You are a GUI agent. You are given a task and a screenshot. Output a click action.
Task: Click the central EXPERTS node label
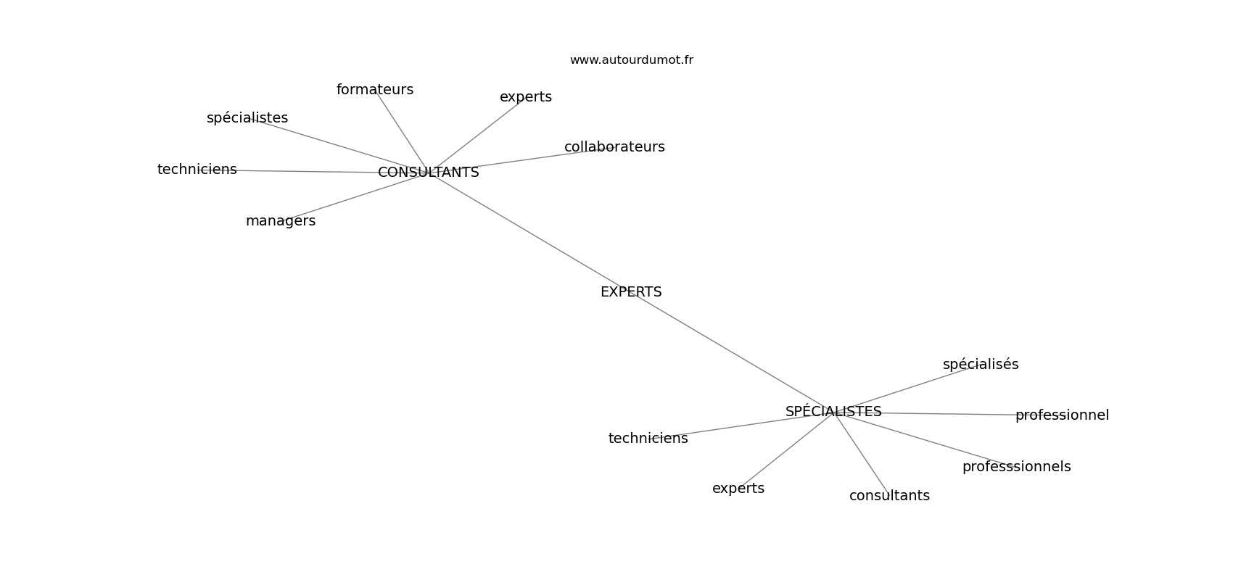coord(631,292)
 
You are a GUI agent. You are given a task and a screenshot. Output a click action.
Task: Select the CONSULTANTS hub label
coord(428,173)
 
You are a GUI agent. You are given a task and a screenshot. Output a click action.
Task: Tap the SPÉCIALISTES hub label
coord(833,411)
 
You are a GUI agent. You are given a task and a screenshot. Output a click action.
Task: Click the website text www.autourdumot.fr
coord(631,60)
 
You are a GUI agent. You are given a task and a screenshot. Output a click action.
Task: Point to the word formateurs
coord(375,90)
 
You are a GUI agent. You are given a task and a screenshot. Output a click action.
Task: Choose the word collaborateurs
coord(614,147)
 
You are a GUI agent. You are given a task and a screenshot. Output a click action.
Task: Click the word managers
coord(281,221)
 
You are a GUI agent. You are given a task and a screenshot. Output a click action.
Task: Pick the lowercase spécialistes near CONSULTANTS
coord(247,118)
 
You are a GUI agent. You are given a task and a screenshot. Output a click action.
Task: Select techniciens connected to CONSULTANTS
coord(197,170)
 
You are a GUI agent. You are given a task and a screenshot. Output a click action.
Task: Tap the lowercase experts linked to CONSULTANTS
coord(526,97)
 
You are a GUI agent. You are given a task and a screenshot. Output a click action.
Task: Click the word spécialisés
coord(981,365)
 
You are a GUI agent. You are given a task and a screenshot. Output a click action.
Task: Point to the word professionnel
coord(1062,415)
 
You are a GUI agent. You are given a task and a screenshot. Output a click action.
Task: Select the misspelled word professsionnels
coord(1016,467)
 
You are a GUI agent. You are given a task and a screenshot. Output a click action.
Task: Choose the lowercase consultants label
coord(889,496)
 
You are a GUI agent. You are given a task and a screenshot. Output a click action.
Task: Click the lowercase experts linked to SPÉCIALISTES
coord(738,489)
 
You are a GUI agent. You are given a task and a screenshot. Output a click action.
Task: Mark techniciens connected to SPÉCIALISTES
coord(648,439)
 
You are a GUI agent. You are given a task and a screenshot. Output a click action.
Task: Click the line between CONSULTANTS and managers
coord(355,196)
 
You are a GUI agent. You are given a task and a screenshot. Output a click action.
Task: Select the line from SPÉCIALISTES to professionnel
coord(924,414)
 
